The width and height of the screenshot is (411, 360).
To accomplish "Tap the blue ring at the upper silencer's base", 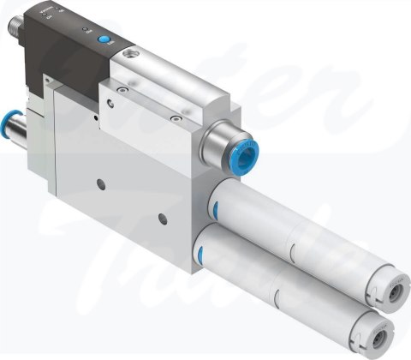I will [x=215, y=207].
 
